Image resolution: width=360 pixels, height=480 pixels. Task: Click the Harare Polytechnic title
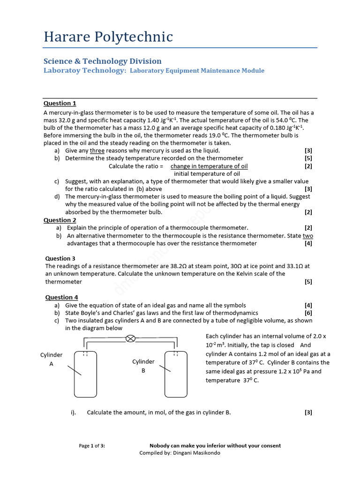coord(108,37)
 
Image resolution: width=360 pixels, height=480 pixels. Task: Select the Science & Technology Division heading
coord(102,61)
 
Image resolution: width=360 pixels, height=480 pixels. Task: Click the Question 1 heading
coord(60,104)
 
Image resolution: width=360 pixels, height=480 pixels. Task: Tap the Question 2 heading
coord(60,220)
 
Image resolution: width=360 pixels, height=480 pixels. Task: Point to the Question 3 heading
coord(60,258)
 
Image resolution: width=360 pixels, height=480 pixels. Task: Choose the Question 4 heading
coord(61,297)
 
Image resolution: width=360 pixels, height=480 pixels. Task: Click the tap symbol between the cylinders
coord(131,338)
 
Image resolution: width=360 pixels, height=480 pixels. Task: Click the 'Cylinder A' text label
coord(52,359)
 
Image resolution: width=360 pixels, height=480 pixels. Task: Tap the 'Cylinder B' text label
coord(143,366)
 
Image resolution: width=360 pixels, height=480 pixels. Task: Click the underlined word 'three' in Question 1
coord(97,150)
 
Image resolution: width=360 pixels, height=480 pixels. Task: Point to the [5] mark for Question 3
coord(308,282)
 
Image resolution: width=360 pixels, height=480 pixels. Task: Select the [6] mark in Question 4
coord(308,313)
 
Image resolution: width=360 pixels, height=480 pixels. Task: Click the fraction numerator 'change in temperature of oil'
coord(209,166)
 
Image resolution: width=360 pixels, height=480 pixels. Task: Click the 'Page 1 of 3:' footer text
coord(92,446)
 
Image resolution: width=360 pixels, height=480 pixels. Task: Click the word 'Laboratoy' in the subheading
coord(66,71)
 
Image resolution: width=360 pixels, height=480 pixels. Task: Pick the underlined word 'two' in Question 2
coord(307,236)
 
